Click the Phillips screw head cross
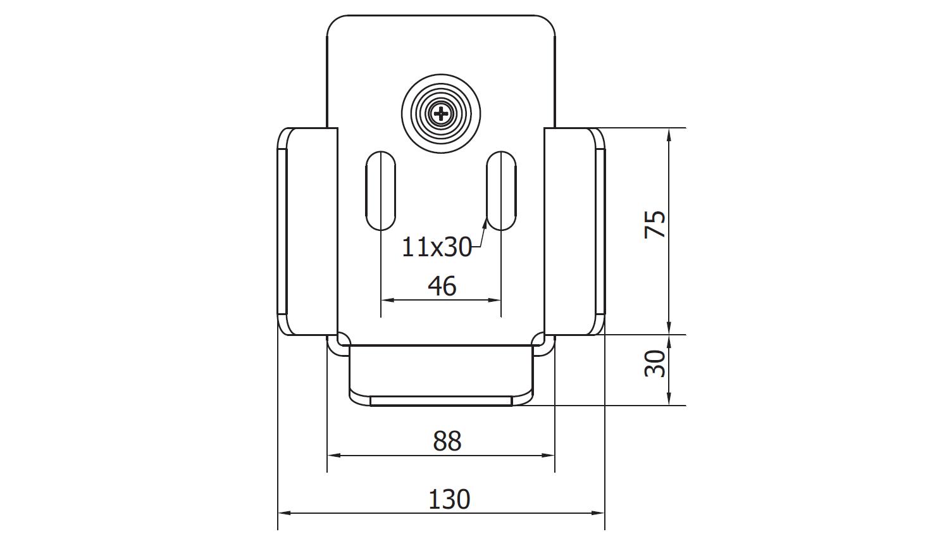(441, 113)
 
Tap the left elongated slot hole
(380, 190)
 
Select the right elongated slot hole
(501, 190)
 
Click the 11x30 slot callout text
(437, 247)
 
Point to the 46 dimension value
(442, 286)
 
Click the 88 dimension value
(447, 441)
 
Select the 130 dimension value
(449, 499)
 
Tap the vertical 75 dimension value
(655, 224)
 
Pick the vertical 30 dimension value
(655, 363)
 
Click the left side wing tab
(308, 232)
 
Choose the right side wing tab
(574, 232)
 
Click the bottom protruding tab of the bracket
(441, 375)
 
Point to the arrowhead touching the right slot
(485, 221)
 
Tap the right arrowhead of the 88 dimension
(549, 456)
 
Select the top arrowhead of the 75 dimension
(669, 135)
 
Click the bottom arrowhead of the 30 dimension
(669, 399)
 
